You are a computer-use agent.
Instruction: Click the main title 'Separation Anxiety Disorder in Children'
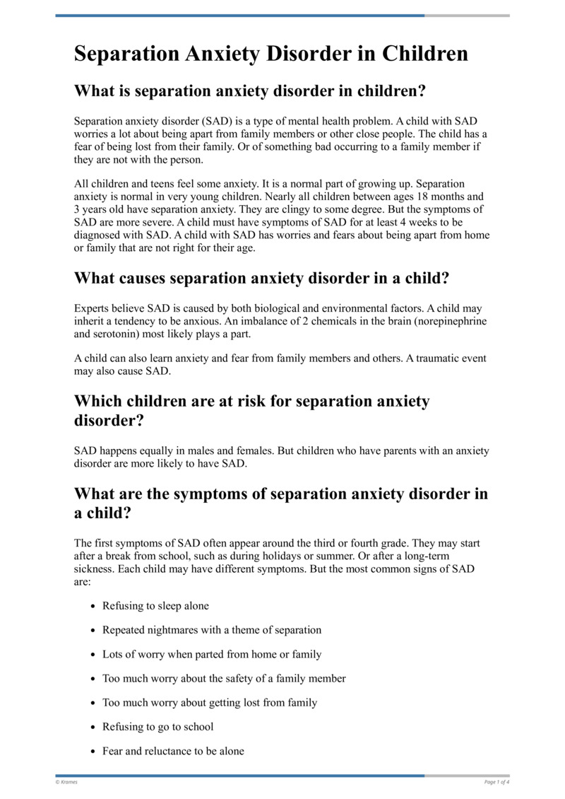coord(270,54)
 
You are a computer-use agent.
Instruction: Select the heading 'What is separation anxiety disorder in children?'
coord(252,91)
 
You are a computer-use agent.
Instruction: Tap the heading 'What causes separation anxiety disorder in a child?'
coord(261,279)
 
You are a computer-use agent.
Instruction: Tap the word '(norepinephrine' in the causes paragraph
coord(452,320)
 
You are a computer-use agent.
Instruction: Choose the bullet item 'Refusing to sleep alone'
coord(155,606)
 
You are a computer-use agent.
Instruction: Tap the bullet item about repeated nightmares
coord(211,630)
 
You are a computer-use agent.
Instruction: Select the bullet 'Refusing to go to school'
coord(157,727)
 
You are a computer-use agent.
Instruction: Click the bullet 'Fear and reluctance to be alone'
coord(173,751)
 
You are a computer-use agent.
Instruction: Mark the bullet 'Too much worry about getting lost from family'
coord(209,703)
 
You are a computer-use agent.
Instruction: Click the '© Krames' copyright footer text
coord(66,782)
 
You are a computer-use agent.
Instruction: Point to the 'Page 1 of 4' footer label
coord(496,782)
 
